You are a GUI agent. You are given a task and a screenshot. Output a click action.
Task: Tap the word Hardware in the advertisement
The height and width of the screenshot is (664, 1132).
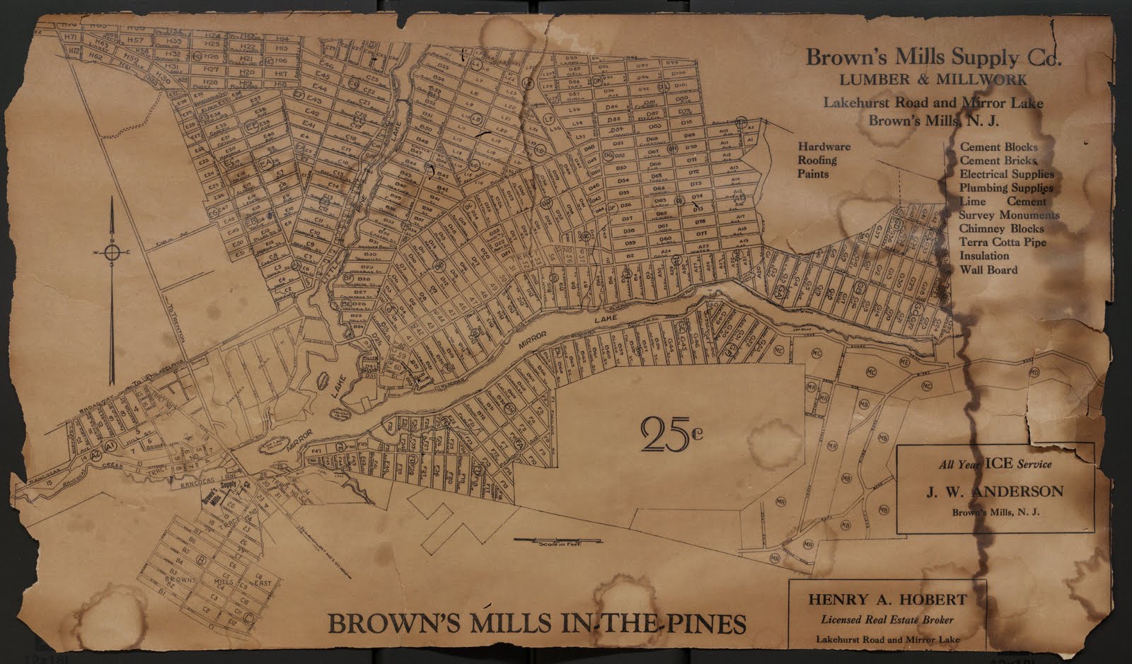[824, 146]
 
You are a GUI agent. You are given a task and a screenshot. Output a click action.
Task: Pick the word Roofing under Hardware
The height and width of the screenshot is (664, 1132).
[817, 160]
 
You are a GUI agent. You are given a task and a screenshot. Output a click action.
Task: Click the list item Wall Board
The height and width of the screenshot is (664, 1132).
[988, 269]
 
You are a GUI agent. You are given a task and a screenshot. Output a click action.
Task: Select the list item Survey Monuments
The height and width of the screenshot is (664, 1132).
[1010, 215]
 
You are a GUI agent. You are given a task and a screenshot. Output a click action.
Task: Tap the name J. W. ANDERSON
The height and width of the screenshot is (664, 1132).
[995, 491]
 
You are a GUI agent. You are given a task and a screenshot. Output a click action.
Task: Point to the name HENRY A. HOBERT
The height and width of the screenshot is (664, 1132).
[887, 600]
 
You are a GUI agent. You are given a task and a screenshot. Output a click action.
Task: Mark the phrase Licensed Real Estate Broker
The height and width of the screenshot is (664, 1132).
[887, 620]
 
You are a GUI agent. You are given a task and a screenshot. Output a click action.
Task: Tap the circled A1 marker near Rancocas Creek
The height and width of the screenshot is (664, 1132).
[110, 446]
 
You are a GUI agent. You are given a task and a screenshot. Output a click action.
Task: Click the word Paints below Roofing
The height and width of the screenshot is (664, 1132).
[813, 173]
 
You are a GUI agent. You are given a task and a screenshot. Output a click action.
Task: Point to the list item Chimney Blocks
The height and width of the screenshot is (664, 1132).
[1001, 228]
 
